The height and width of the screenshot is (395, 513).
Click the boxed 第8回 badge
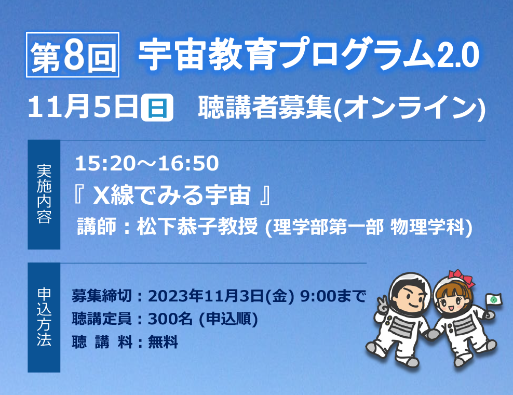click(73, 55)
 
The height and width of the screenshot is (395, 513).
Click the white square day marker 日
click(157, 107)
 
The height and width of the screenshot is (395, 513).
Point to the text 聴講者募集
click(265, 107)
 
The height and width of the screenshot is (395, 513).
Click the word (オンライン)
click(409, 108)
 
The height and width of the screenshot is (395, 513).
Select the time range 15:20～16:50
click(147, 163)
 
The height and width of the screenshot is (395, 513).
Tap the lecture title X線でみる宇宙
click(172, 195)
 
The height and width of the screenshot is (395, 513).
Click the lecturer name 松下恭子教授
click(197, 226)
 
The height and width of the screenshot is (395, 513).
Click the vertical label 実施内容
click(44, 194)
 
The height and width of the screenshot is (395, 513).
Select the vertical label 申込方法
click(44, 317)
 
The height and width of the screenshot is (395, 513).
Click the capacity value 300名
click(170, 319)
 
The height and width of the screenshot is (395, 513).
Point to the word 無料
click(163, 343)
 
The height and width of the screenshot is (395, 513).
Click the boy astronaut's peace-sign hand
click(382, 305)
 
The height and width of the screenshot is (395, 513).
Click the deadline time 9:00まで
click(332, 296)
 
